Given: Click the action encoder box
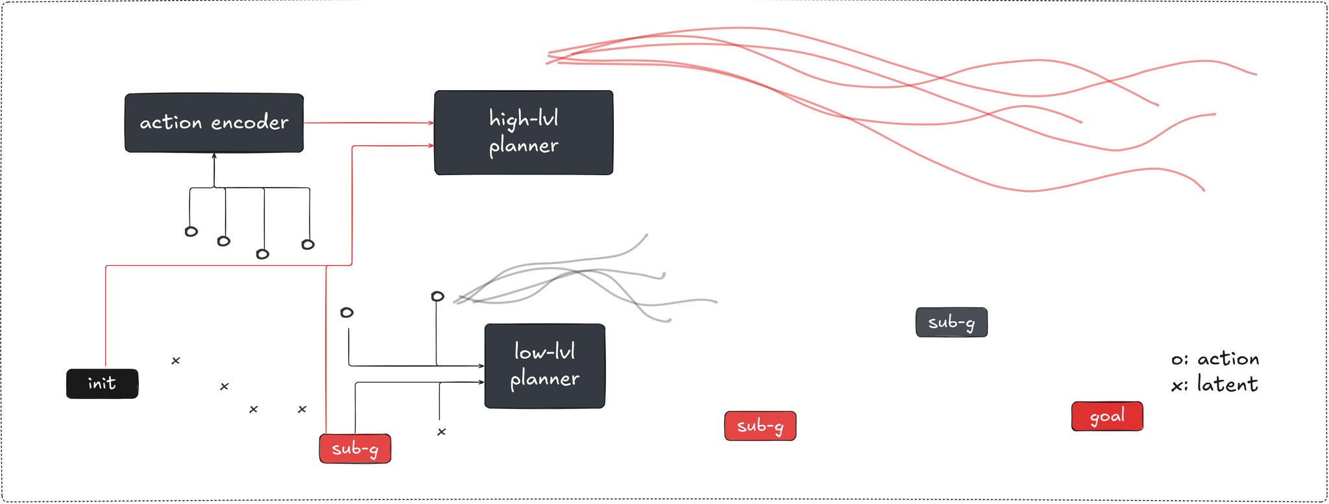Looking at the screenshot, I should click(214, 123).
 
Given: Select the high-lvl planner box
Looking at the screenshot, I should click(524, 132).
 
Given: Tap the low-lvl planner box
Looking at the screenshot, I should click(544, 366).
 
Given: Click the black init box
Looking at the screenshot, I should click(103, 383).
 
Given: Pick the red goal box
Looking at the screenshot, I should click(1107, 416).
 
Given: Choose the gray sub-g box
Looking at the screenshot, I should click(951, 322).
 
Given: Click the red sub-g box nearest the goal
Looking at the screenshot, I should click(760, 426).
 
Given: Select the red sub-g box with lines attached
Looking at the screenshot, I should click(355, 448).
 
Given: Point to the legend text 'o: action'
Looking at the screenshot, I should click(1215, 359).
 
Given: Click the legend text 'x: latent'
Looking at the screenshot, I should click(1215, 385).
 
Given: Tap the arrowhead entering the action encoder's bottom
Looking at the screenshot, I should click(214, 156).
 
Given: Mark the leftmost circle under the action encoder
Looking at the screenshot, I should click(191, 232).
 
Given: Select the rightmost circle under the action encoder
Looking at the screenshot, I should click(308, 245).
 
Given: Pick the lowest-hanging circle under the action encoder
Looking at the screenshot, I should click(263, 254).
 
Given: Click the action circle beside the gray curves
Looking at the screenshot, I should click(438, 296).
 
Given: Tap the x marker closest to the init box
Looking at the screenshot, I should click(176, 361).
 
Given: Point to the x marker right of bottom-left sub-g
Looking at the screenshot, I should click(442, 432).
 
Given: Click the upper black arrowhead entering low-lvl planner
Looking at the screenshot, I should click(481, 366).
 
